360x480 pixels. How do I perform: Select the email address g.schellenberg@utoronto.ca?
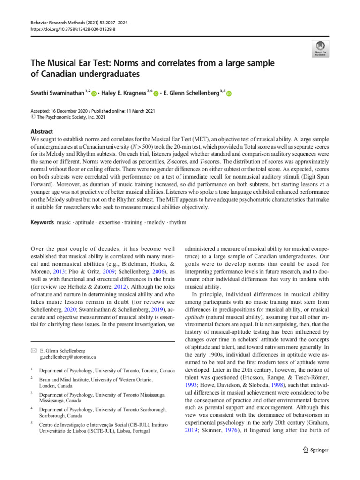click(68, 357)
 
